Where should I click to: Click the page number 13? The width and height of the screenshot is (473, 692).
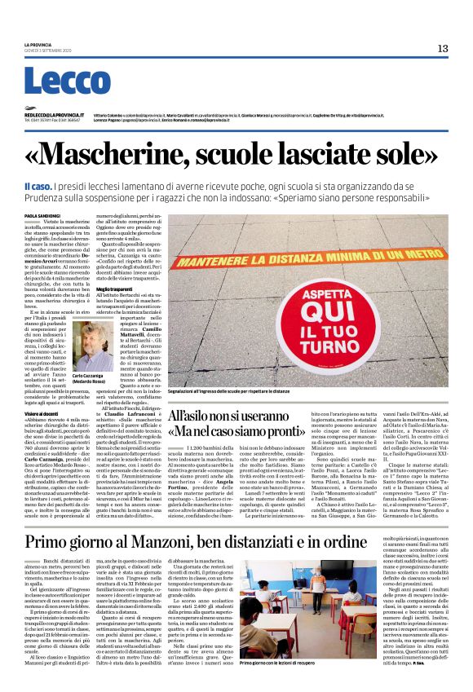point(443,48)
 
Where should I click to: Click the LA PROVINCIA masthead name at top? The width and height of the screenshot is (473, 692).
point(39,44)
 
